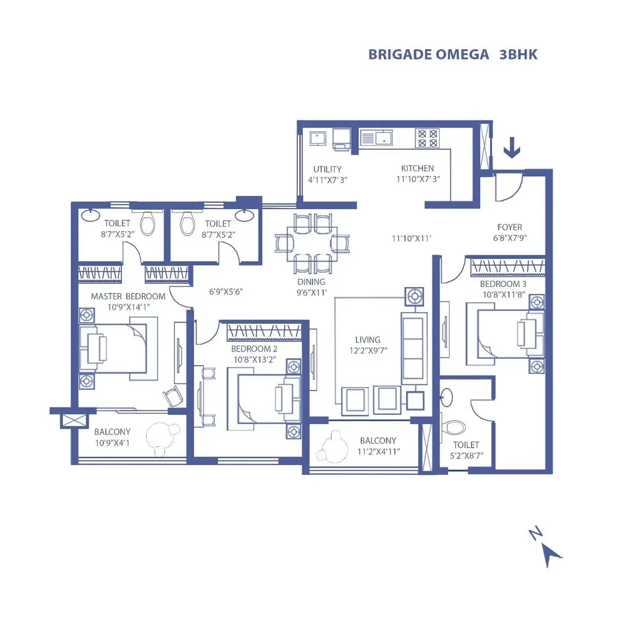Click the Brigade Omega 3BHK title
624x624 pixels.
click(x=453, y=54)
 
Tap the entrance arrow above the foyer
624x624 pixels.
click(x=512, y=150)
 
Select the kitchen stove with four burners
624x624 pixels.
click(x=427, y=139)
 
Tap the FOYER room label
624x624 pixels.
click(x=510, y=227)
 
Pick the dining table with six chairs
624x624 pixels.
click(x=313, y=243)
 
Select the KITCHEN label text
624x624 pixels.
click(x=417, y=169)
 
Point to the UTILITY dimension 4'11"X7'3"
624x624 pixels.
click(x=328, y=180)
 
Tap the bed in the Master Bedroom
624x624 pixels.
click(x=113, y=348)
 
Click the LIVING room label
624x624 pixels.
click(x=368, y=340)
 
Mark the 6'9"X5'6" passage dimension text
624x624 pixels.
click(x=225, y=291)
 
